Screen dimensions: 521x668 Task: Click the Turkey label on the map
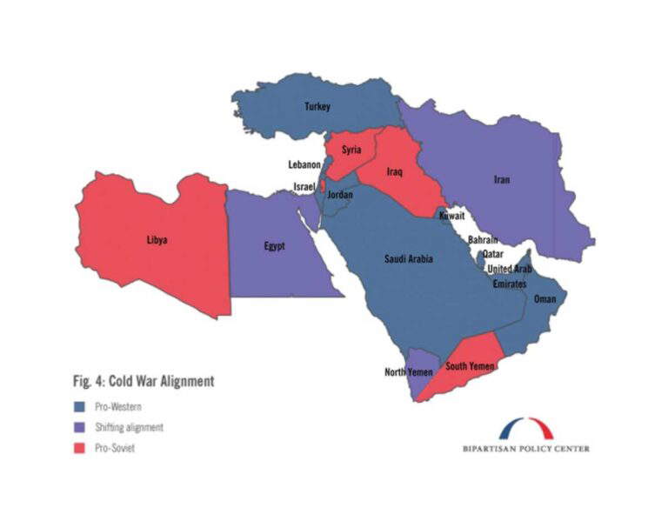(x=317, y=107)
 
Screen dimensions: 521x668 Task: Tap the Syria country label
(x=351, y=150)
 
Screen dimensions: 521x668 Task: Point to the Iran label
(x=502, y=180)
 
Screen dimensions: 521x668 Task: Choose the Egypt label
(x=274, y=246)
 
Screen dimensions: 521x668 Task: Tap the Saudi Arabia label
(x=409, y=258)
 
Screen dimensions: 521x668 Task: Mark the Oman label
(x=544, y=299)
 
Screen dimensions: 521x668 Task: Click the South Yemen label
(x=470, y=366)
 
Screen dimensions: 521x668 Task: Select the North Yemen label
(x=408, y=372)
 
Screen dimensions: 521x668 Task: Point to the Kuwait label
(x=451, y=215)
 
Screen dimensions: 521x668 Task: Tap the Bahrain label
(x=483, y=239)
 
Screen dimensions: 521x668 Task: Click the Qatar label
(x=493, y=254)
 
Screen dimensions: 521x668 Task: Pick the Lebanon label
(x=305, y=164)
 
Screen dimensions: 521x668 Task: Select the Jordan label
(x=339, y=195)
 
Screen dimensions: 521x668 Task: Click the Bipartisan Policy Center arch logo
(x=525, y=429)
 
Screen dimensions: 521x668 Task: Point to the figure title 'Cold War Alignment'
(x=144, y=381)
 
